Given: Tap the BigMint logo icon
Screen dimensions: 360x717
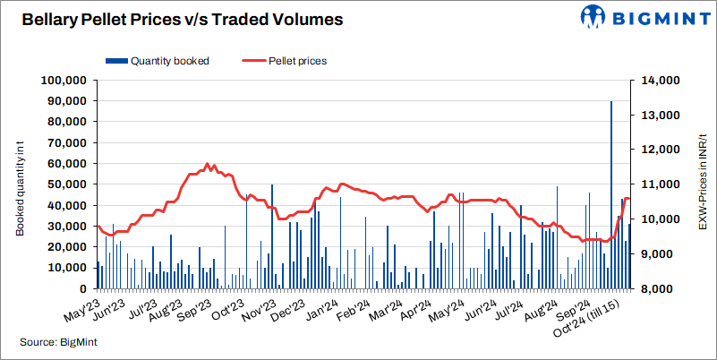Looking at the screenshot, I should (595, 17).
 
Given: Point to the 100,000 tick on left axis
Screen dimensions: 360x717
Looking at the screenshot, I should (62, 81).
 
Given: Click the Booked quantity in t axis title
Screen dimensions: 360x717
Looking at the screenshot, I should (19, 185).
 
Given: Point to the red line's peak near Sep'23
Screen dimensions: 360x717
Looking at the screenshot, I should (208, 164).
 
